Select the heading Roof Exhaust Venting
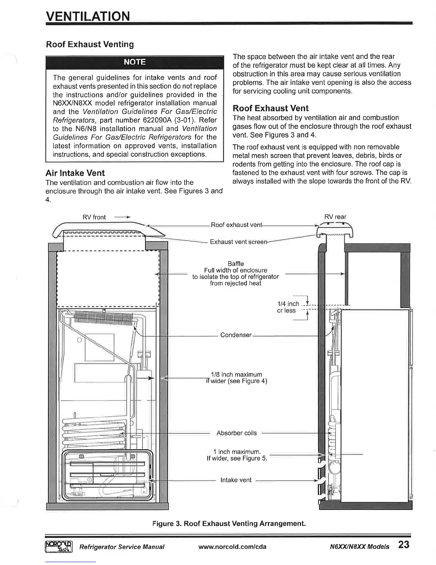[x=90, y=45]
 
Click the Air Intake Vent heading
[x=75, y=173]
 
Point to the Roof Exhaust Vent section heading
[x=270, y=108]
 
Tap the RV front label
[x=94, y=217]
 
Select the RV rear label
[x=335, y=217]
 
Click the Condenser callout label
[x=236, y=335]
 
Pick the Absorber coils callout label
[x=237, y=433]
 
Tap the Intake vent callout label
[x=236, y=480]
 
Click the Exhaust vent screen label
[x=238, y=242]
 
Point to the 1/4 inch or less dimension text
[x=288, y=307]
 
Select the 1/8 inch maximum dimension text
[x=237, y=375]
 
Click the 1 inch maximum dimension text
[x=237, y=452]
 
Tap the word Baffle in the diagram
[x=235, y=264]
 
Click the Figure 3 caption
[x=229, y=524]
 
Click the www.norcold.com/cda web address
[x=232, y=547]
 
